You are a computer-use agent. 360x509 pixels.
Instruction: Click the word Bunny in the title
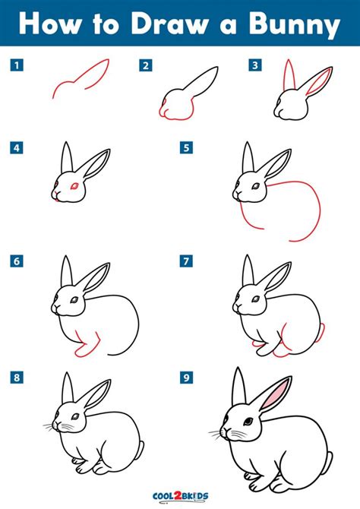[297, 25]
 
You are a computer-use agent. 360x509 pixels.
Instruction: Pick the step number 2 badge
[144, 65]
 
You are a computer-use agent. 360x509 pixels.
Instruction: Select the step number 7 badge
[185, 261]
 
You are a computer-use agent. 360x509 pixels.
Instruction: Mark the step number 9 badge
[185, 375]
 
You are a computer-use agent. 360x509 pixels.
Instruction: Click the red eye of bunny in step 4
[74, 185]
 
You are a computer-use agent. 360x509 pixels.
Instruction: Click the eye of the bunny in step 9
[248, 422]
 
